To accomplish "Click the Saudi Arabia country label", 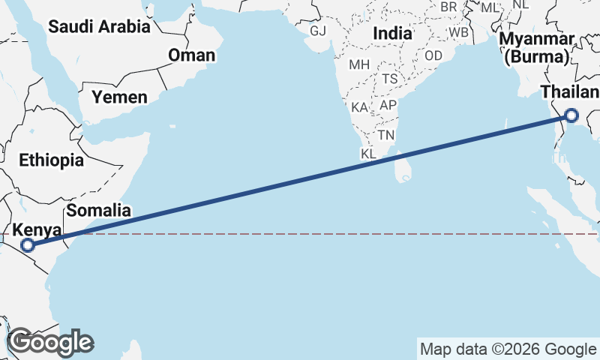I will point(99,27).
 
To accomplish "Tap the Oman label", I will point(191,55).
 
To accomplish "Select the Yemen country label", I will point(119,97).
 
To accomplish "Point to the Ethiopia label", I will point(52,160).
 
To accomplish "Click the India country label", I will point(392,34).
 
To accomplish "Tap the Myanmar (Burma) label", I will point(539,47).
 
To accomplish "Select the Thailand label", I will point(570,92).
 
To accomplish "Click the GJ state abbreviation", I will point(318,31).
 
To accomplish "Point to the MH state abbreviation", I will point(360,64).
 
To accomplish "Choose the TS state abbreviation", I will point(389,79).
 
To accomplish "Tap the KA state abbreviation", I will point(360,107).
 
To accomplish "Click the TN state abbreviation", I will point(386,135).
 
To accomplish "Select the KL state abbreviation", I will point(368,154).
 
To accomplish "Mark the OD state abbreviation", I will point(433,56).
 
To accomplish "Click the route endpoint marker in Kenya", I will point(28,245).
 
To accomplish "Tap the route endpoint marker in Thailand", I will point(571,115).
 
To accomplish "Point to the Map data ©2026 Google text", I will point(508,349).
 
